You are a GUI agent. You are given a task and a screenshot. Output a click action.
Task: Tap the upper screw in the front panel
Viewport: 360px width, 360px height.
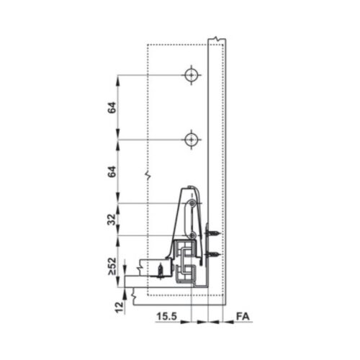pos(213,233)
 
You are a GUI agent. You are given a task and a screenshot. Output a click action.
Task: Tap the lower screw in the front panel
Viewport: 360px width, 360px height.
pos(213,254)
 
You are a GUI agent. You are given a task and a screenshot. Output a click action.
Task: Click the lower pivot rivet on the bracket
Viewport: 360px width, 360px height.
pos(192,235)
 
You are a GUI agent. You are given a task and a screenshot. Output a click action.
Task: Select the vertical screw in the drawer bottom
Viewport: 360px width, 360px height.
pos(158,272)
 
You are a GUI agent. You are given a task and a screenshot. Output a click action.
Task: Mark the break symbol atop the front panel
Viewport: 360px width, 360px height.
pos(213,37)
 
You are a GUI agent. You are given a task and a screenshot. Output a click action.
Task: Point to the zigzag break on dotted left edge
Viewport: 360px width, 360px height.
pos(147,174)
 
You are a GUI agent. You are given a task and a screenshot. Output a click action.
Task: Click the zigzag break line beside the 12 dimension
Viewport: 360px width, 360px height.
pos(134,292)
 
